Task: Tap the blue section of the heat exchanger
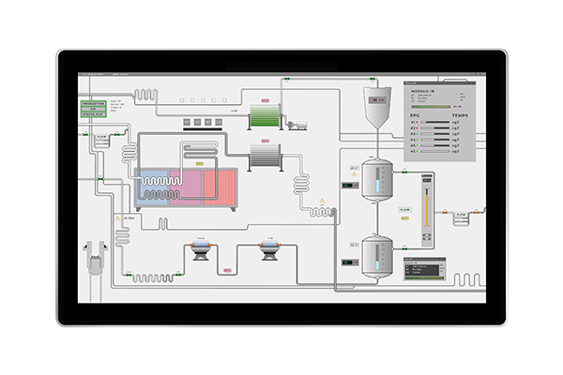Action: tap(152, 187)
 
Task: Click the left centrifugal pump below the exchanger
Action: tap(200, 248)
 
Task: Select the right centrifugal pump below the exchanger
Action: tap(269, 248)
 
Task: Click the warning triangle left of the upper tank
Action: tap(324, 201)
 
